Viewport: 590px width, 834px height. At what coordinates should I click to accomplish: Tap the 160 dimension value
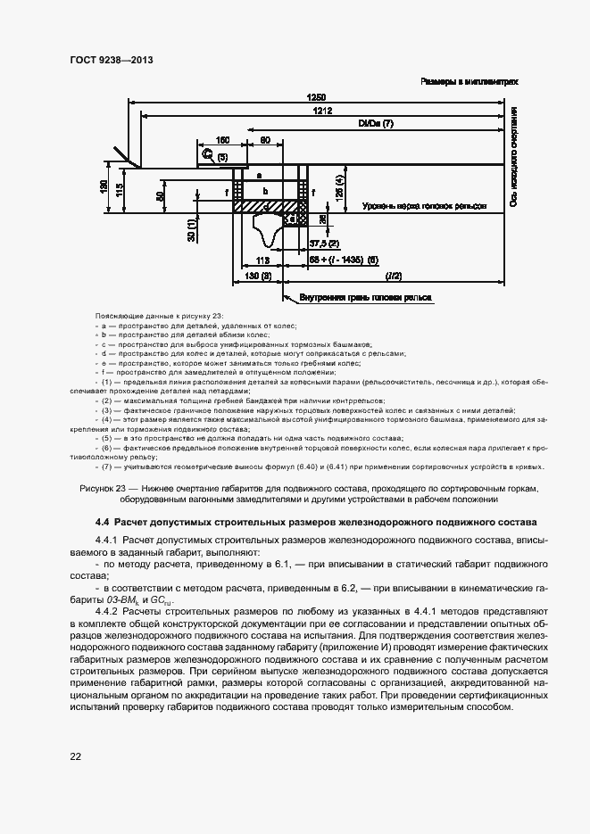(223, 140)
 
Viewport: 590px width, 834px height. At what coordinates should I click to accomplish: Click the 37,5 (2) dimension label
(323, 243)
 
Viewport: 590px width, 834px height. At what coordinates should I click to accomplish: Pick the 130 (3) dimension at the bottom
(257, 277)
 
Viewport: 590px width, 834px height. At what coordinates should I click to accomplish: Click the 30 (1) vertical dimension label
(190, 230)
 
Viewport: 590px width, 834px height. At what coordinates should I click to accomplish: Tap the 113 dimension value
(262, 260)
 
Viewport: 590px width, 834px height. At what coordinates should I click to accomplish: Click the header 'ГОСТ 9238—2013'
(111, 61)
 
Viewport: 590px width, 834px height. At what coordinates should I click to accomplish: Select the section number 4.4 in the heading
(102, 522)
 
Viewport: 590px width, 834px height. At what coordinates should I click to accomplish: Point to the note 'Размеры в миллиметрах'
(470, 81)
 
